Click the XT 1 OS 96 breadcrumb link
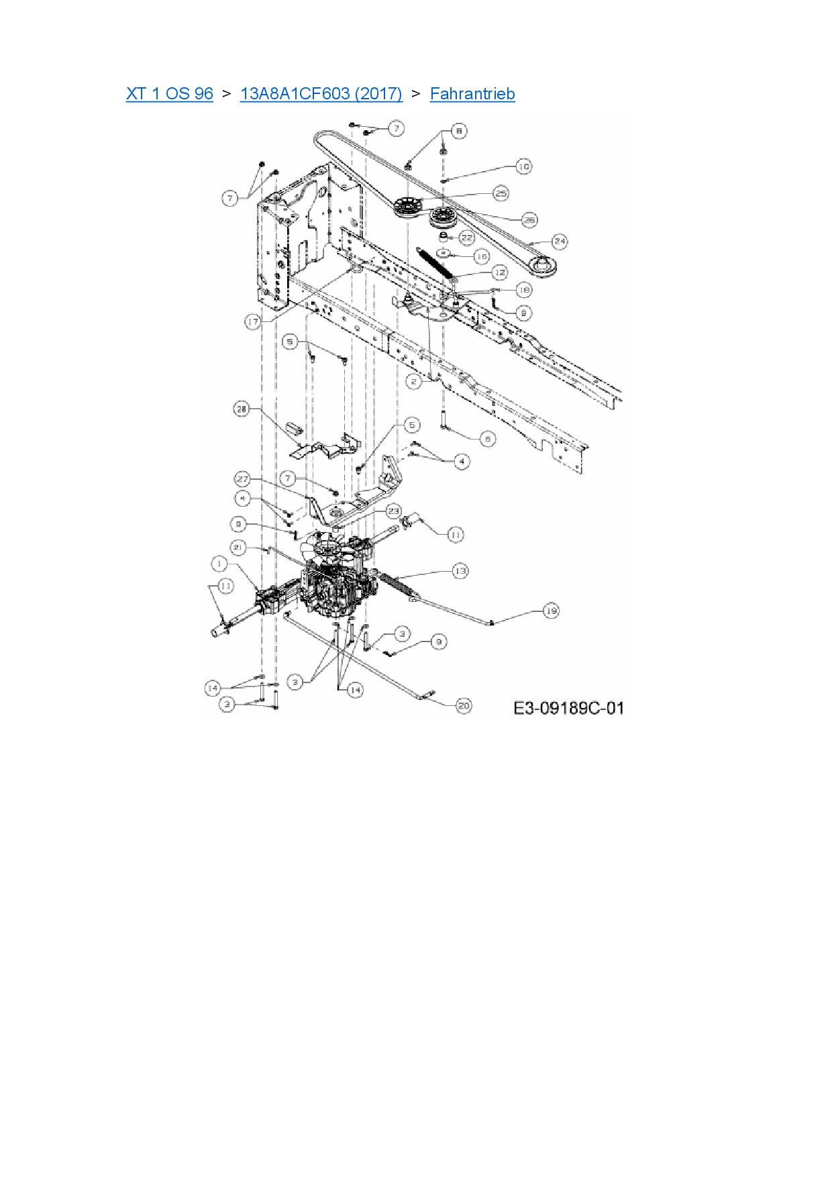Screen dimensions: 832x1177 [x=169, y=93]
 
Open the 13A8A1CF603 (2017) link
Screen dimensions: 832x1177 [x=321, y=93]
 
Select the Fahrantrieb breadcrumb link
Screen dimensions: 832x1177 [x=472, y=93]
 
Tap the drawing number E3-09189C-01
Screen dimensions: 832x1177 [x=568, y=708]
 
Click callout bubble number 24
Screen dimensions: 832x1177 [x=560, y=241]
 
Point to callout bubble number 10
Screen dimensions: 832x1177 [x=523, y=166]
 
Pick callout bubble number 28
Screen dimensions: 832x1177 [x=242, y=409]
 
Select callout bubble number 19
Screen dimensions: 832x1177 [x=551, y=611]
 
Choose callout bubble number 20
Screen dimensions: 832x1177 [x=464, y=705]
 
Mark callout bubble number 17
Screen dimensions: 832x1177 [x=252, y=322]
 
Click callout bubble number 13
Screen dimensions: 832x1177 [x=460, y=570]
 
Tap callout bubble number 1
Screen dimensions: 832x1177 [x=219, y=563]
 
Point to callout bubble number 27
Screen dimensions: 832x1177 [x=242, y=479]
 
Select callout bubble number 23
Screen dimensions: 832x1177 [x=393, y=511]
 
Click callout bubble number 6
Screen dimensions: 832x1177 [x=488, y=439]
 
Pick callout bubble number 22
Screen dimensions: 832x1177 [x=466, y=238]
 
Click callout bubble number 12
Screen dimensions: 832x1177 [x=499, y=272]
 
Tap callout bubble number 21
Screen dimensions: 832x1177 [x=238, y=548]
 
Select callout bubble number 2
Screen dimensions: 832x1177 [x=414, y=381]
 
